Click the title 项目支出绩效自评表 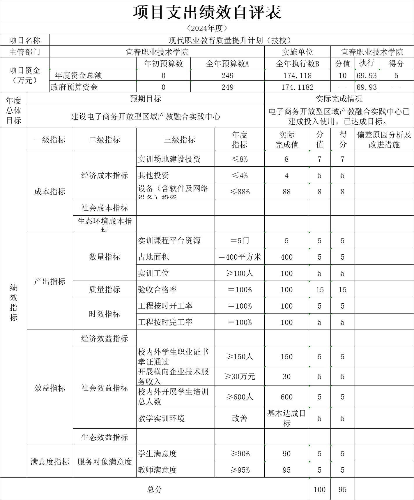click(x=207, y=12)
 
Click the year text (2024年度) click(x=207, y=28)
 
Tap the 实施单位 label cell click(x=297, y=52)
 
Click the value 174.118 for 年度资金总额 click(x=297, y=75)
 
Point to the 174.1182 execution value click(x=297, y=87)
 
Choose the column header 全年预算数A click(x=227, y=64)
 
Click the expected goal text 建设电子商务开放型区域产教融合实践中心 click(x=146, y=117)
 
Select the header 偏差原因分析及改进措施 click(x=384, y=140)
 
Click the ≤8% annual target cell click(x=239, y=159)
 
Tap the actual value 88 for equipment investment click(x=286, y=192)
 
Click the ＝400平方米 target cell click(x=239, y=257)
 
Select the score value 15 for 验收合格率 click(x=342, y=290)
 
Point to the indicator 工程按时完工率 click(x=165, y=322)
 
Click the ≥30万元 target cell click(x=239, y=376)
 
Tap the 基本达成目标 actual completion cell click(x=286, y=418)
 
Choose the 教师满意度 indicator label click(x=158, y=470)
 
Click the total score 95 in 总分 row click(x=342, y=490)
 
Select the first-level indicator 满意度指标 click(x=50, y=462)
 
